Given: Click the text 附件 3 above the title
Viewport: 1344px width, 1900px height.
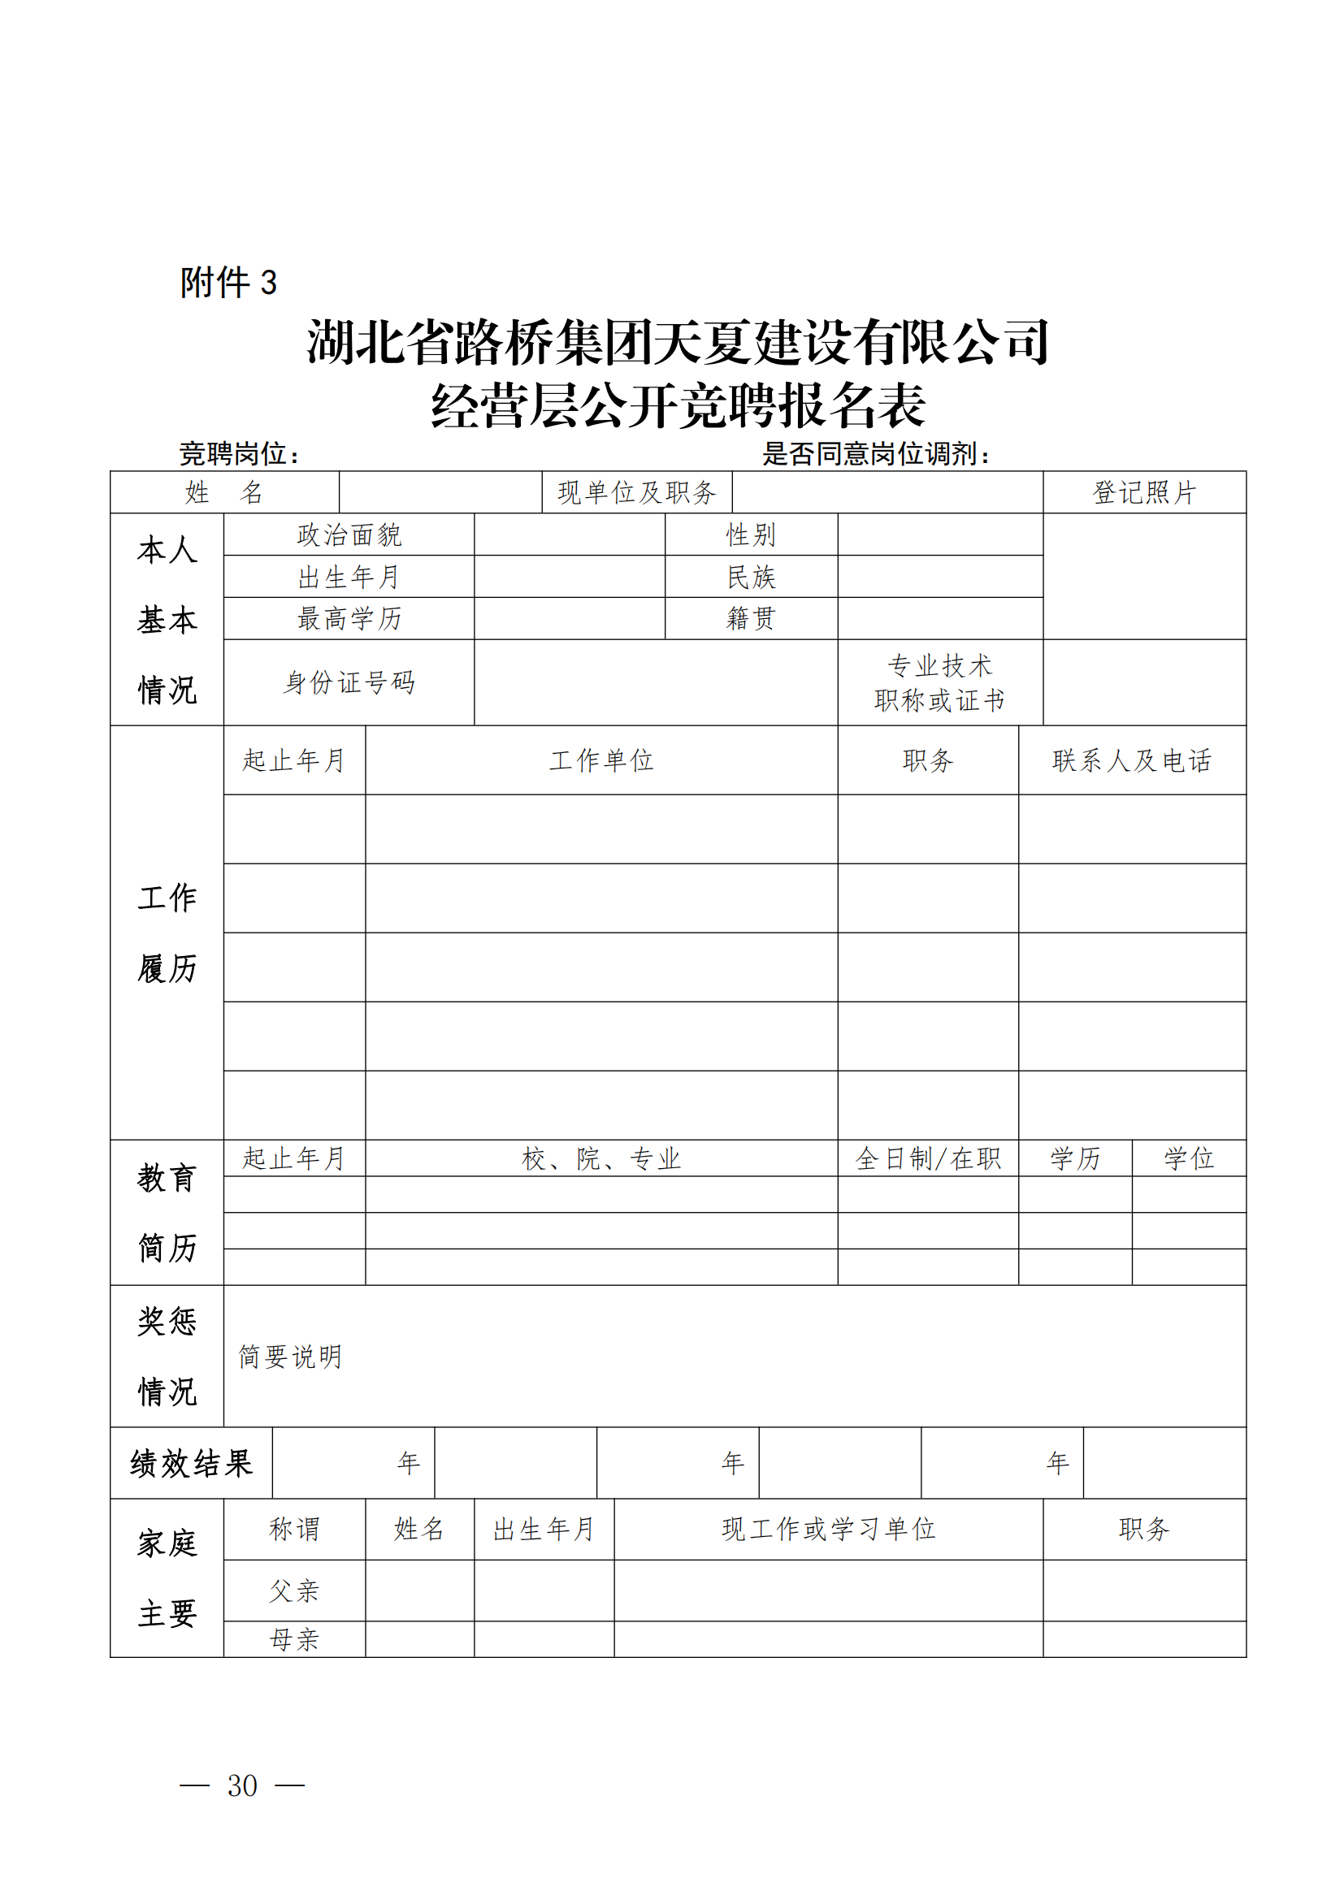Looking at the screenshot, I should pyautogui.click(x=228, y=282).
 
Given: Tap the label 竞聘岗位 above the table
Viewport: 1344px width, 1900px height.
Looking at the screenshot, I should pyautogui.click(x=239, y=453).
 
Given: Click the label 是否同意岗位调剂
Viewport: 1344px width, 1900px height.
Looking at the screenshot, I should pyautogui.click(x=876, y=453).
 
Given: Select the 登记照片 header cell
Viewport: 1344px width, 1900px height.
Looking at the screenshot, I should pyautogui.click(x=1144, y=492).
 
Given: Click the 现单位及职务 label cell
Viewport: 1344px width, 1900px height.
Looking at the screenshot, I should pyautogui.click(x=636, y=492).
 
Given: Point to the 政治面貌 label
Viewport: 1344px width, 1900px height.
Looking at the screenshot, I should pyautogui.click(x=349, y=535).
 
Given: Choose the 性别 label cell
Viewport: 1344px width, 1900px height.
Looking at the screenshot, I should pyautogui.click(x=751, y=535).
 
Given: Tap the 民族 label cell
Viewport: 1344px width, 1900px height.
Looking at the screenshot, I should pyautogui.click(x=751, y=577).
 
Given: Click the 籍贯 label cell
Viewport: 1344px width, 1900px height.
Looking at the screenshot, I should pyautogui.click(x=751, y=618).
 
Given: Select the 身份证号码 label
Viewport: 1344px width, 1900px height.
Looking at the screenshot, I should pyautogui.click(x=349, y=682).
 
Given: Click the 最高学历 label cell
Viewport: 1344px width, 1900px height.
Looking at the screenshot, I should pyautogui.click(x=349, y=618).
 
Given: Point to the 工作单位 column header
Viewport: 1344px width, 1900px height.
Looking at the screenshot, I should pyautogui.click(x=600, y=760).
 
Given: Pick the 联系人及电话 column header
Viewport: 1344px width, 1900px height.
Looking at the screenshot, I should pyautogui.click(x=1131, y=760).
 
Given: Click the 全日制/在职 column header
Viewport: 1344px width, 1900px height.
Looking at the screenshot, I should pyautogui.click(x=927, y=1158).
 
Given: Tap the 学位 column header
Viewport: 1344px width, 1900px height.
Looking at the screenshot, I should pyautogui.click(x=1189, y=1158).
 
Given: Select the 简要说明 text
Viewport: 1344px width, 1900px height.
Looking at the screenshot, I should pyautogui.click(x=289, y=1357).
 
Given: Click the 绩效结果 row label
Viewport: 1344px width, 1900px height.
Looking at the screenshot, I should pyautogui.click(x=191, y=1463).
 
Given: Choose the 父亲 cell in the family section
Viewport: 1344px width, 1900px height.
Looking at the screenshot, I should pyautogui.click(x=294, y=1591).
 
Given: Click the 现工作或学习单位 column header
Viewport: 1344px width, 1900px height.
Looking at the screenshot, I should pyautogui.click(x=827, y=1530).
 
